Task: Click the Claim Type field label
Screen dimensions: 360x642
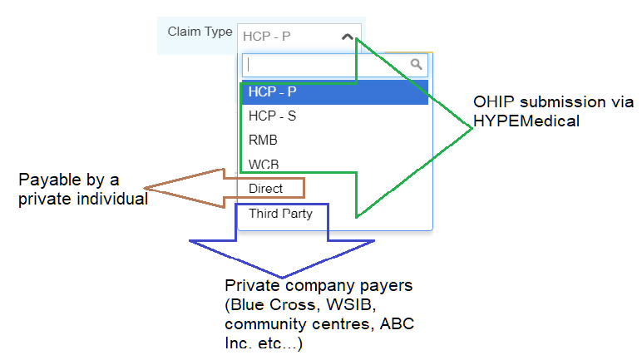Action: (x=200, y=32)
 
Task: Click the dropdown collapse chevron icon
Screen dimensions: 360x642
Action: (x=348, y=37)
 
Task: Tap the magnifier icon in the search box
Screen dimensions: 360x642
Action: (x=417, y=64)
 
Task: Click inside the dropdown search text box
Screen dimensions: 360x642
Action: (x=324, y=64)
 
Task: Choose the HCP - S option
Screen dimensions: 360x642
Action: (x=272, y=116)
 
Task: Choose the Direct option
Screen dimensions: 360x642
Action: (x=265, y=189)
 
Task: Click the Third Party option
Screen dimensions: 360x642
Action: (x=280, y=214)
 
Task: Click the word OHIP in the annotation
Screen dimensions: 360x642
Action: (x=491, y=102)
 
